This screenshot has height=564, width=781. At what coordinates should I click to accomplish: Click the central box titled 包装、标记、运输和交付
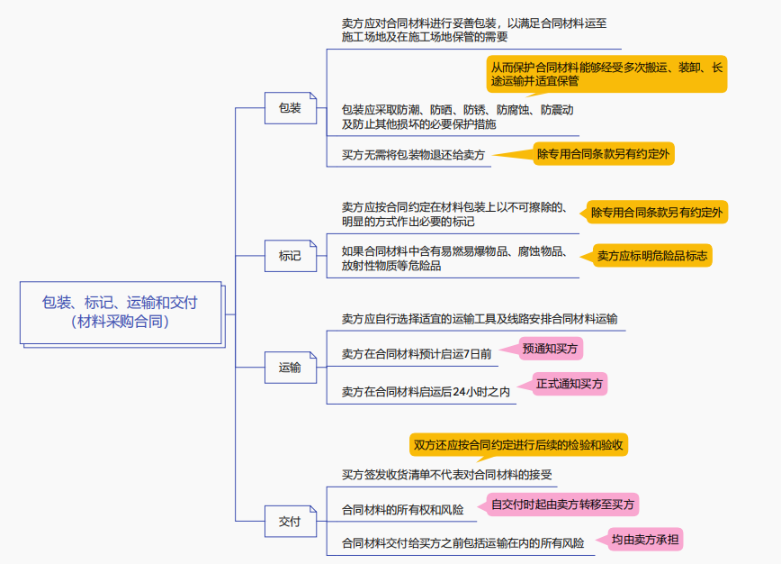pos(120,312)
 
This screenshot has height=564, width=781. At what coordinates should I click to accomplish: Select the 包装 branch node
pos(290,108)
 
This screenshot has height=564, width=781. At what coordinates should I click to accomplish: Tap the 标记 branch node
pos(290,256)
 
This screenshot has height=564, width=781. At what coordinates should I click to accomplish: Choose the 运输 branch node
pos(290,368)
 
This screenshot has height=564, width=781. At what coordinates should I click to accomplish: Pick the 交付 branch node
pos(290,521)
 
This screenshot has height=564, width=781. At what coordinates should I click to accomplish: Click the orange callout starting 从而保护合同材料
pos(607,74)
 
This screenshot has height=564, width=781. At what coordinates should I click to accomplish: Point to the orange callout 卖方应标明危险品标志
pos(652,256)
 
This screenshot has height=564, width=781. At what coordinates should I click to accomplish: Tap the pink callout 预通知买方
pos(552,348)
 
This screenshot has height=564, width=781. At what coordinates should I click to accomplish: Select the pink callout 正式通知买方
pos(570,384)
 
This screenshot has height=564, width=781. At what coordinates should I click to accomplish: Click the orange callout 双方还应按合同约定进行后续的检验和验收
pos(519,444)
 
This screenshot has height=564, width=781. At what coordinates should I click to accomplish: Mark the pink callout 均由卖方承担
pos(646,541)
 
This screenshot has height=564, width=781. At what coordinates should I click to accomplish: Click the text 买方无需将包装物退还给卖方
pos(413,155)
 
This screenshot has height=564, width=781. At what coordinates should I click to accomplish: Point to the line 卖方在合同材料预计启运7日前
pos(417,354)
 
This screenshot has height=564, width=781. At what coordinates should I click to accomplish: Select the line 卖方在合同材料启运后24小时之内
pos(426,391)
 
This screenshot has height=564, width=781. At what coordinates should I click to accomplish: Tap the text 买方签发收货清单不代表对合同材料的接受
pos(447,475)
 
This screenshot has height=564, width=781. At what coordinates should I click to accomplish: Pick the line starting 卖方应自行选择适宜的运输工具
pos(480,319)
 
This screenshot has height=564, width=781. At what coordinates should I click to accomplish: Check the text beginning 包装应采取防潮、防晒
pos(457,117)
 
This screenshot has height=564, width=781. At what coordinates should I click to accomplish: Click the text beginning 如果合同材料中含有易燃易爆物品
pos(454,259)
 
